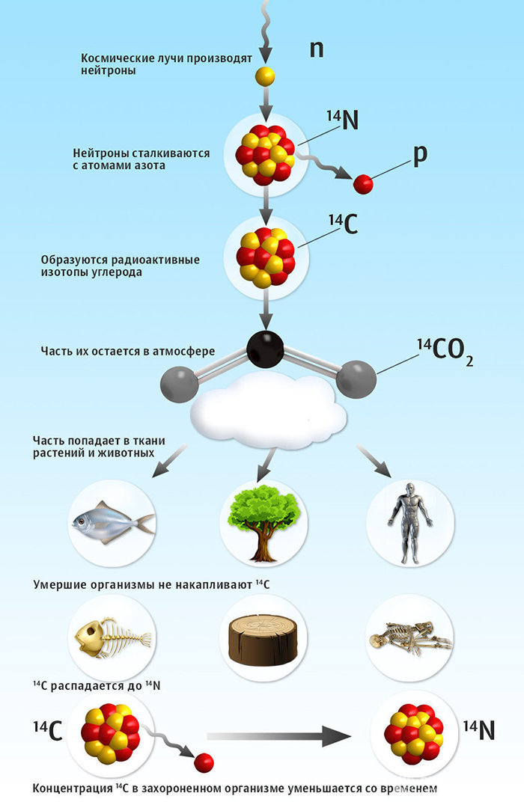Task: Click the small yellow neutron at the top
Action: (x=264, y=76)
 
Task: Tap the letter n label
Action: (x=317, y=49)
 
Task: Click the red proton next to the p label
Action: (x=363, y=183)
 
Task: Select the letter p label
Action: (x=420, y=153)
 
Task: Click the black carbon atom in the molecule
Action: (x=265, y=349)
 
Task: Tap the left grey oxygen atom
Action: (x=180, y=384)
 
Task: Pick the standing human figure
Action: (x=410, y=521)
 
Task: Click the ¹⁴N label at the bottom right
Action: (x=478, y=729)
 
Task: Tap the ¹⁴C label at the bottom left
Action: (x=47, y=731)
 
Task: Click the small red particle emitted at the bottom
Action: (x=204, y=762)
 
